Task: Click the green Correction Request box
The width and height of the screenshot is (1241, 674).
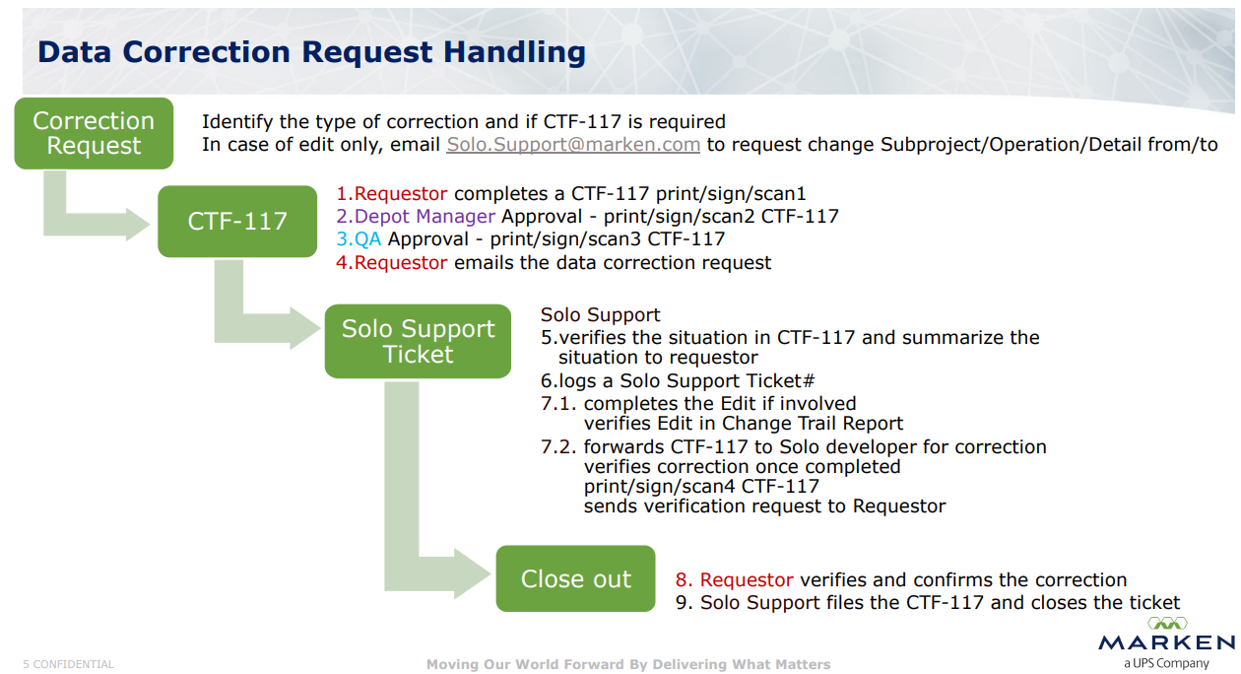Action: click(94, 134)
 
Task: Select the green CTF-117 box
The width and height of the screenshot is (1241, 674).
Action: click(237, 221)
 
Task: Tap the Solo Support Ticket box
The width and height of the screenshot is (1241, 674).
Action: click(418, 341)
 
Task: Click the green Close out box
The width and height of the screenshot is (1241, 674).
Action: click(575, 578)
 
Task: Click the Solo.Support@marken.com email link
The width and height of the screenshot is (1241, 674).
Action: click(573, 144)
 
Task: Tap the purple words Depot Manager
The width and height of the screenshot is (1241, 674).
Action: click(425, 216)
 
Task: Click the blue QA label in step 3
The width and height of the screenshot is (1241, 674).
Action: click(368, 239)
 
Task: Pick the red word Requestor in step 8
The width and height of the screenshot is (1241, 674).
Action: click(747, 579)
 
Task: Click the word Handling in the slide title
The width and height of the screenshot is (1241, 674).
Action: click(514, 52)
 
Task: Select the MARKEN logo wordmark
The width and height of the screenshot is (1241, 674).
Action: click(1167, 642)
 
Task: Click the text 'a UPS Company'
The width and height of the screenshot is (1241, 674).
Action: click(1166, 663)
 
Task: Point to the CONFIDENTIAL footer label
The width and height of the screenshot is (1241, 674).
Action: click(73, 664)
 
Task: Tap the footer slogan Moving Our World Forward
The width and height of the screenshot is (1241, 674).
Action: click(525, 664)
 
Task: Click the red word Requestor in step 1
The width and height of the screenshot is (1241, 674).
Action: click(401, 193)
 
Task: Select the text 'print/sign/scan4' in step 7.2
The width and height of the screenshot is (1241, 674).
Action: click(659, 486)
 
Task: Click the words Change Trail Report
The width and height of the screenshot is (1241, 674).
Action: click(813, 424)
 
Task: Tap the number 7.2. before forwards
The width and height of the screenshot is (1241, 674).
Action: click(559, 446)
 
